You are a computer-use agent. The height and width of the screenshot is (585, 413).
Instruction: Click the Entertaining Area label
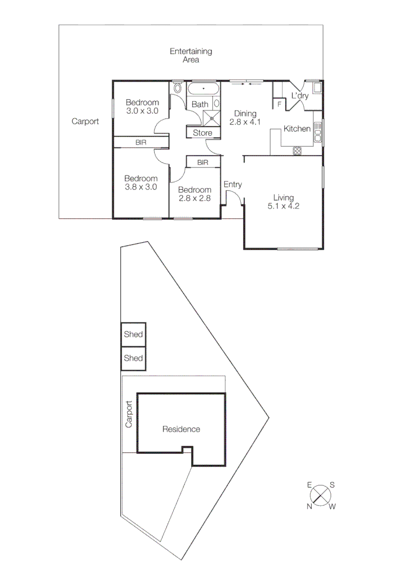[191, 55]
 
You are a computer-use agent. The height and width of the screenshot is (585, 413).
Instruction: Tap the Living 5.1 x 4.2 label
[283, 201]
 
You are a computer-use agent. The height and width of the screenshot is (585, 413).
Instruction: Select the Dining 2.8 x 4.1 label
[245, 118]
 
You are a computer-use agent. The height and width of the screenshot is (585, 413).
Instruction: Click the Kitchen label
[297, 128]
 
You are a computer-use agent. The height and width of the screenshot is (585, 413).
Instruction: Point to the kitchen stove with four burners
[297, 151]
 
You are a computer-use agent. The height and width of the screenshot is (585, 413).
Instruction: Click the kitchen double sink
[318, 132]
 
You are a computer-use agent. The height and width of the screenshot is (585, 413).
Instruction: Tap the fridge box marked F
[279, 103]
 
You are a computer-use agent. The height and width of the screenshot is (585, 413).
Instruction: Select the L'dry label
[300, 96]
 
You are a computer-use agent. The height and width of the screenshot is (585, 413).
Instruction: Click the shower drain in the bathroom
[212, 117]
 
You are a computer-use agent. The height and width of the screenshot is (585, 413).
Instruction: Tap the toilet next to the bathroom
[178, 88]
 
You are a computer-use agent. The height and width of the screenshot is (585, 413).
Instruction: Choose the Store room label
[203, 133]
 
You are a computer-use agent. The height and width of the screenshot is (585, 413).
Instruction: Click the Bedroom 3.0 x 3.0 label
[142, 107]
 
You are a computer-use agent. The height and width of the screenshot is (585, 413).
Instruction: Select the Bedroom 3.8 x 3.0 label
[141, 183]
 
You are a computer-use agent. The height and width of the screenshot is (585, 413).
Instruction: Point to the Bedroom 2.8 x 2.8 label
[194, 194]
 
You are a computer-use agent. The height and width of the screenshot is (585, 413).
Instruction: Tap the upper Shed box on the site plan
[133, 334]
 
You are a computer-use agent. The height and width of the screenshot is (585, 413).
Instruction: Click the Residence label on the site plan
[181, 429]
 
